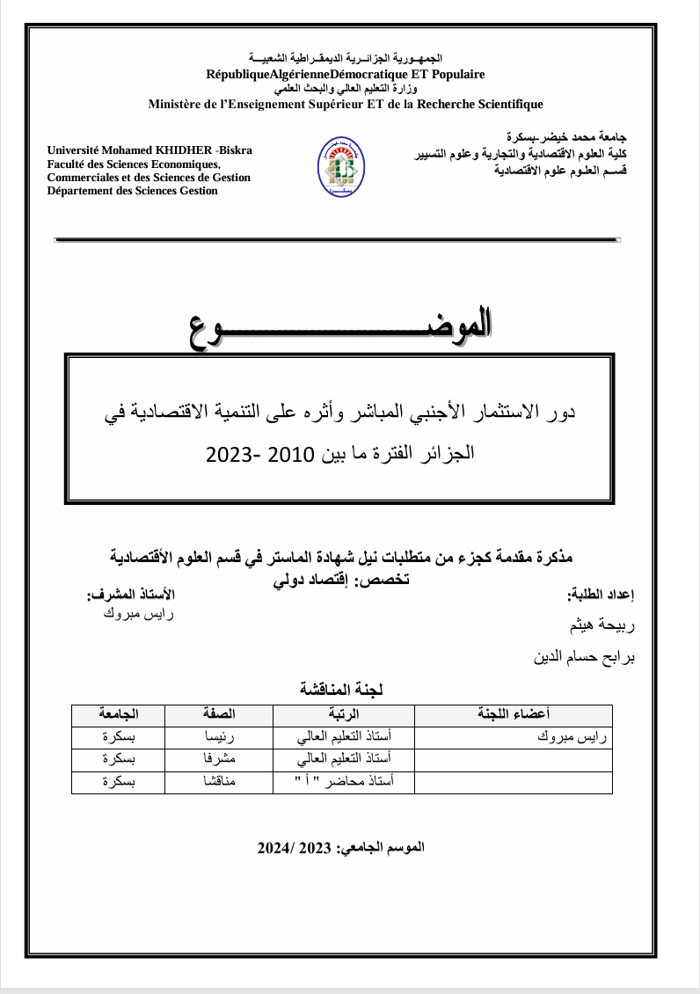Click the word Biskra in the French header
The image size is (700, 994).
pos(236,150)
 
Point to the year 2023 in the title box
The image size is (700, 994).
pos(231,454)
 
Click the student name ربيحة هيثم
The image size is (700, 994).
pos(604,626)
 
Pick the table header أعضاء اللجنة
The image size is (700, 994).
pos(514,714)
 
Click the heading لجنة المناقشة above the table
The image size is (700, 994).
pos(341,687)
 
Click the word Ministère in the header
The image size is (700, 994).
pos(180,105)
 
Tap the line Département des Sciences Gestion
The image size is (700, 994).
pos(133,190)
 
